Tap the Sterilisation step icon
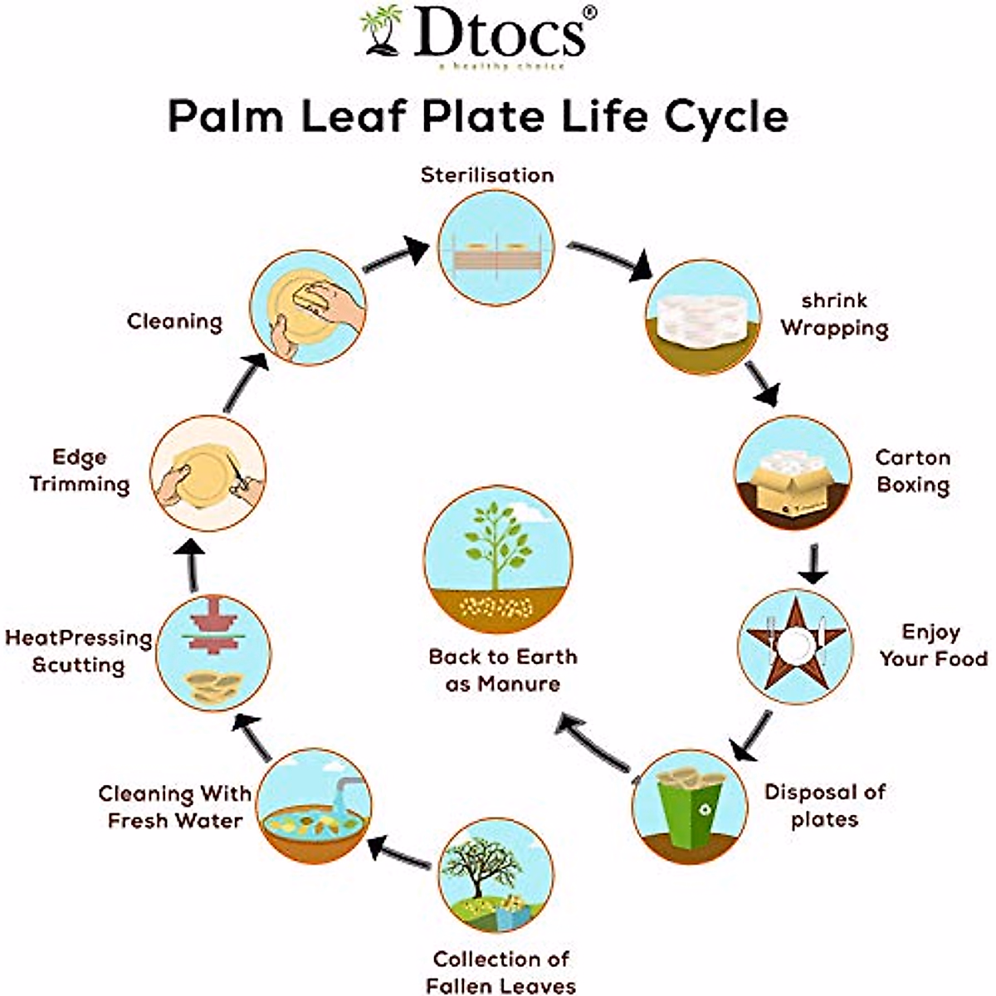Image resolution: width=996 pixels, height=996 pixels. pos(496,247)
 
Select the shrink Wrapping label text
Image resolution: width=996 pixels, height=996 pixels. pos(834,314)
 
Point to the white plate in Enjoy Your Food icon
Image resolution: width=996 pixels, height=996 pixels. pos(795,642)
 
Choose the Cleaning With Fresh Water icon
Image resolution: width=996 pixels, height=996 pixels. pos(315,806)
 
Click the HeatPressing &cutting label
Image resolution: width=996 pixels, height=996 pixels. pos(79,652)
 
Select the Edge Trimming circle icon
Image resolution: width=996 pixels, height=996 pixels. pos(207,474)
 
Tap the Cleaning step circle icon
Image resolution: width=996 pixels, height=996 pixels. pos(308,308)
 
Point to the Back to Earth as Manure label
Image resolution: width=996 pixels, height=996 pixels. pos(502,670)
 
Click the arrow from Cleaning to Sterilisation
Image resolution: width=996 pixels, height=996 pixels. pos(395,253)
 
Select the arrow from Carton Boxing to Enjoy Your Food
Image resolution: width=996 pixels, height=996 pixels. pos(813,565)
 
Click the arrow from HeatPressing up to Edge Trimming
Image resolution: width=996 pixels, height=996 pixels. pos(193,567)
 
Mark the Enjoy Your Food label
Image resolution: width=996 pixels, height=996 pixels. pos(933,645)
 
